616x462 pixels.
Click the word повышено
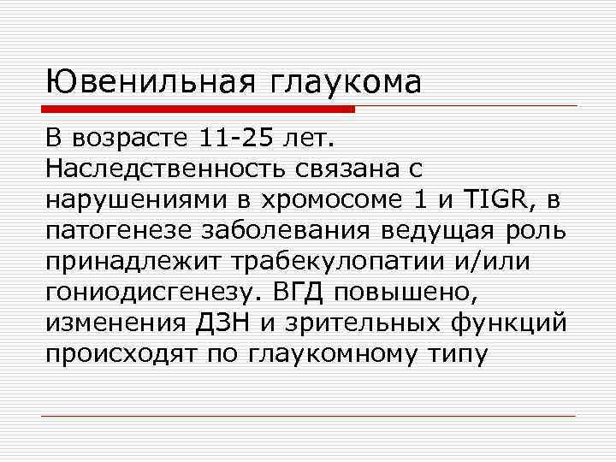pos(406,293)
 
